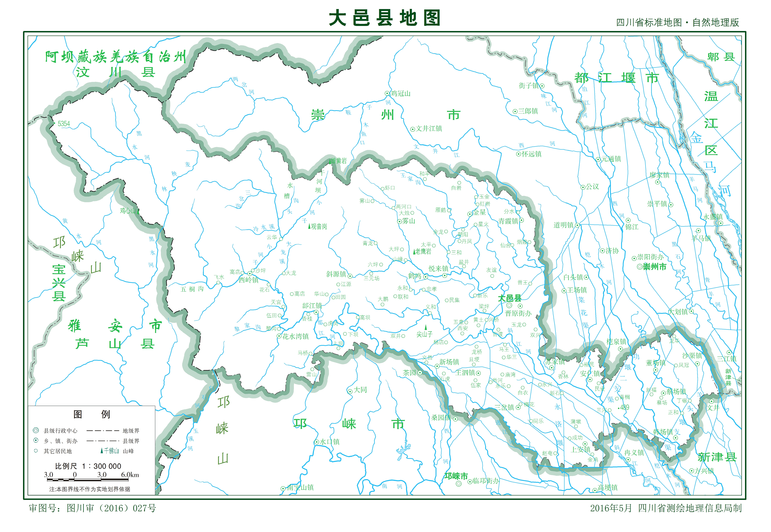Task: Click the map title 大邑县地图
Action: [384, 18]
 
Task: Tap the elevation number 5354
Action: [63, 124]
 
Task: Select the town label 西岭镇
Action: [248, 280]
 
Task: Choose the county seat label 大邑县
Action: [509, 298]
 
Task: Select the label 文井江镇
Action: [429, 129]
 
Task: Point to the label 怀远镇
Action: [532, 154]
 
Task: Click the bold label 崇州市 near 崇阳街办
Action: [654, 267]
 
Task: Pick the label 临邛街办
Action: [486, 481]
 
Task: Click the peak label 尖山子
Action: [424, 334]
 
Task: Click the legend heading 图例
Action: [91, 414]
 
